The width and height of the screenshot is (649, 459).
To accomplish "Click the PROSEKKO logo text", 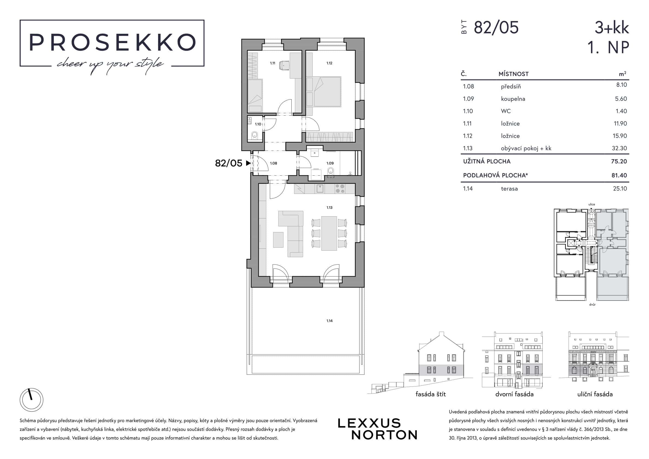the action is pyautogui.click(x=112, y=43).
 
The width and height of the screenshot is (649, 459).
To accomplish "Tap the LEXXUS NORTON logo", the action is pyautogui.click(x=377, y=429).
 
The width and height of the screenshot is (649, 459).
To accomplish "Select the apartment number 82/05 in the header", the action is pyautogui.click(x=496, y=28).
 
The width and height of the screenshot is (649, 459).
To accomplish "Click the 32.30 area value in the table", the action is pyautogui.click(x=620, y=148).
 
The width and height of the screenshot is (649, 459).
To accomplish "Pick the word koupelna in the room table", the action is pyautogui.click(x=513, y=99).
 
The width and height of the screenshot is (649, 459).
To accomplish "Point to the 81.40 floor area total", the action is pyautogui.click(x=619, y=175).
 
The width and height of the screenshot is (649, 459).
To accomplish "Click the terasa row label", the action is pyautogui.click(x=509, y=189).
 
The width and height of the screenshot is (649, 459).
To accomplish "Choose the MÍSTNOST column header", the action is pyautogui.click(x=514, y=74).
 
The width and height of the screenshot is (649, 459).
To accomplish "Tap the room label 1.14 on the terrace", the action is pyautogui.click(x=329, y=321).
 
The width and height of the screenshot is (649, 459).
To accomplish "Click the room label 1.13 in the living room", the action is pyautogui.click(x=329, y=208).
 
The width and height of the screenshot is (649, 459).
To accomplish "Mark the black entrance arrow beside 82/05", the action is pyautogui.click(x=249, y=163).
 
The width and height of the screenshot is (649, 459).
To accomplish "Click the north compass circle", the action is pyautogui.click(x=31, y=400).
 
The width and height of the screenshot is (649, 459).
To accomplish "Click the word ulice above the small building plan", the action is pyautogui.click(x=591, y=204).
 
